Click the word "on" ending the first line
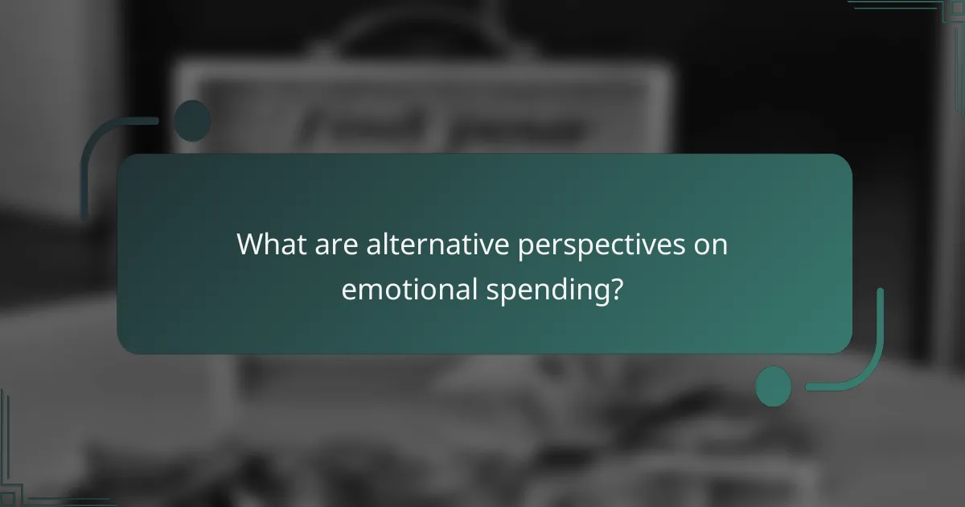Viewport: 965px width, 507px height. [712, 245]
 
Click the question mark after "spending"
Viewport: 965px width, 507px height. [615, 288]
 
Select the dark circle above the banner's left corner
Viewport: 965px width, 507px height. [192, 120]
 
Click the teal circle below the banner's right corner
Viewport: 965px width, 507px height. [774, 386]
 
